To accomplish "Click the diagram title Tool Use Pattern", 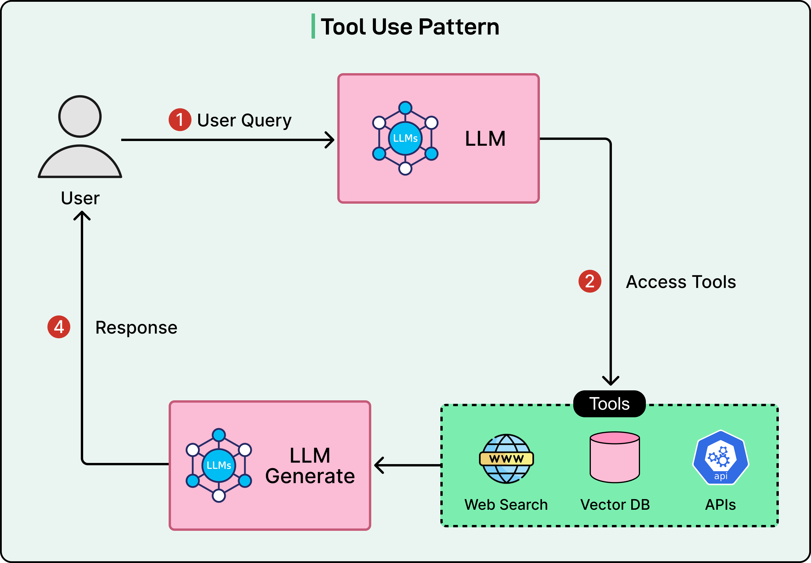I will (410, 27).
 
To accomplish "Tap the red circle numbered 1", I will (180, 120).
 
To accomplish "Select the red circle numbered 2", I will (589, 281).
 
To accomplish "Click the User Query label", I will (244, 121).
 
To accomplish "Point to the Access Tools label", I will (681, 282).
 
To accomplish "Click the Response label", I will (136, 327).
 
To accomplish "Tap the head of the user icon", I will (80, 116).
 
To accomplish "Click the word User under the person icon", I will (80, 198).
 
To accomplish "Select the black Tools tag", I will (610, 404).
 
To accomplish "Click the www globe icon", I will (507, 459).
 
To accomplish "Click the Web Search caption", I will (506, 504).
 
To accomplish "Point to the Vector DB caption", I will (615, 504).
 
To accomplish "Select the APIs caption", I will (720, 504).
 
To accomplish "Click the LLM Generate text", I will (310, 465).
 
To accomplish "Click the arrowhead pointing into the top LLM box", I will (330, 140).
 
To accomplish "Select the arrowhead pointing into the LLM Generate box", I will (378, 465).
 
